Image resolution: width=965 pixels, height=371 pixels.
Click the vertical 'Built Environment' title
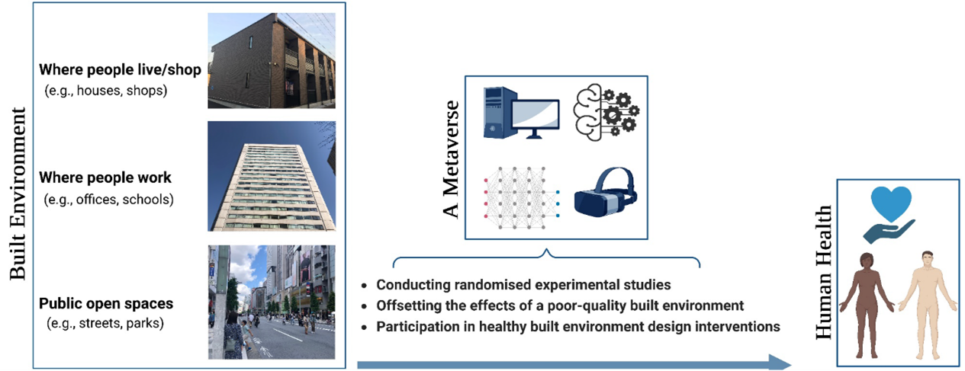(x=18, y=193)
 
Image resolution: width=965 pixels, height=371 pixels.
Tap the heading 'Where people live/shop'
(x=121, y=70)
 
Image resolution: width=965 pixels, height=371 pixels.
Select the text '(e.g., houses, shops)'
(x=106, y=91)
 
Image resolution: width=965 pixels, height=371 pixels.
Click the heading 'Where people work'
(x=105, y=178)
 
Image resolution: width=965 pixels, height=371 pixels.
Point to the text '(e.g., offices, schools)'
(x=108, y=200)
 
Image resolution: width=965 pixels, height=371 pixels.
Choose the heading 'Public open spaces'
(x=106, y=303)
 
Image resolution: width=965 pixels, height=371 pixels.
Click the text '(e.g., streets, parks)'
(x=105, y=323)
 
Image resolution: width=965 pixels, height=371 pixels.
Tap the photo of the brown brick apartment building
(x=272, y=60)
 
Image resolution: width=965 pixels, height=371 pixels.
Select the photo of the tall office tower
(x=272, y=176)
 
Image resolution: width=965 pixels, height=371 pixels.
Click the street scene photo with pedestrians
(x=272, y=302)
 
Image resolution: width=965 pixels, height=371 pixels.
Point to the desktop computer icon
(x=521, y=113)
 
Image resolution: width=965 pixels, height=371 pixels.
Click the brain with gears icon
(x=606, y=112)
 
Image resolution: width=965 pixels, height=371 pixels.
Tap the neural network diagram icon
(x=521, y=197)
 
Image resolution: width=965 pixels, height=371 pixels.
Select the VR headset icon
(x=606, y=192)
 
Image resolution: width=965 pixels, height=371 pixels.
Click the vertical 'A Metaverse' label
(x=451, y=158)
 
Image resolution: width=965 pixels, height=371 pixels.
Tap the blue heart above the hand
(x=891, y=204)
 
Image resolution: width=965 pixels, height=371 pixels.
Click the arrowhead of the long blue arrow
(x=780, y=363)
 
